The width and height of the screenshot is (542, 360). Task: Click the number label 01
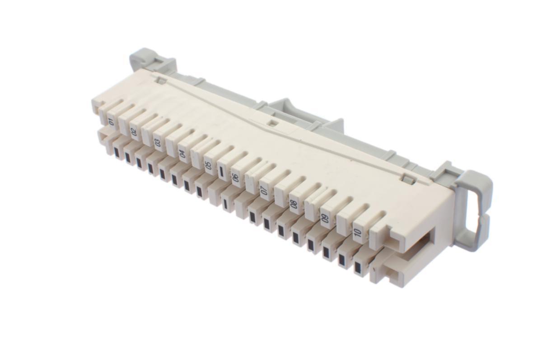click(112, 122)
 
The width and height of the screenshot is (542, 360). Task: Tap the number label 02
click(134, 131)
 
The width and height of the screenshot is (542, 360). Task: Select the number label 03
click(158, 142)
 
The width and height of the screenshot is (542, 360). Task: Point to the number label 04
click(182, 154)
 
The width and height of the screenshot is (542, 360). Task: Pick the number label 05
click(208, 165)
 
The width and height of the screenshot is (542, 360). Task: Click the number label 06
click(235, 178)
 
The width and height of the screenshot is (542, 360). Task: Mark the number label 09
click(325, 219)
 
